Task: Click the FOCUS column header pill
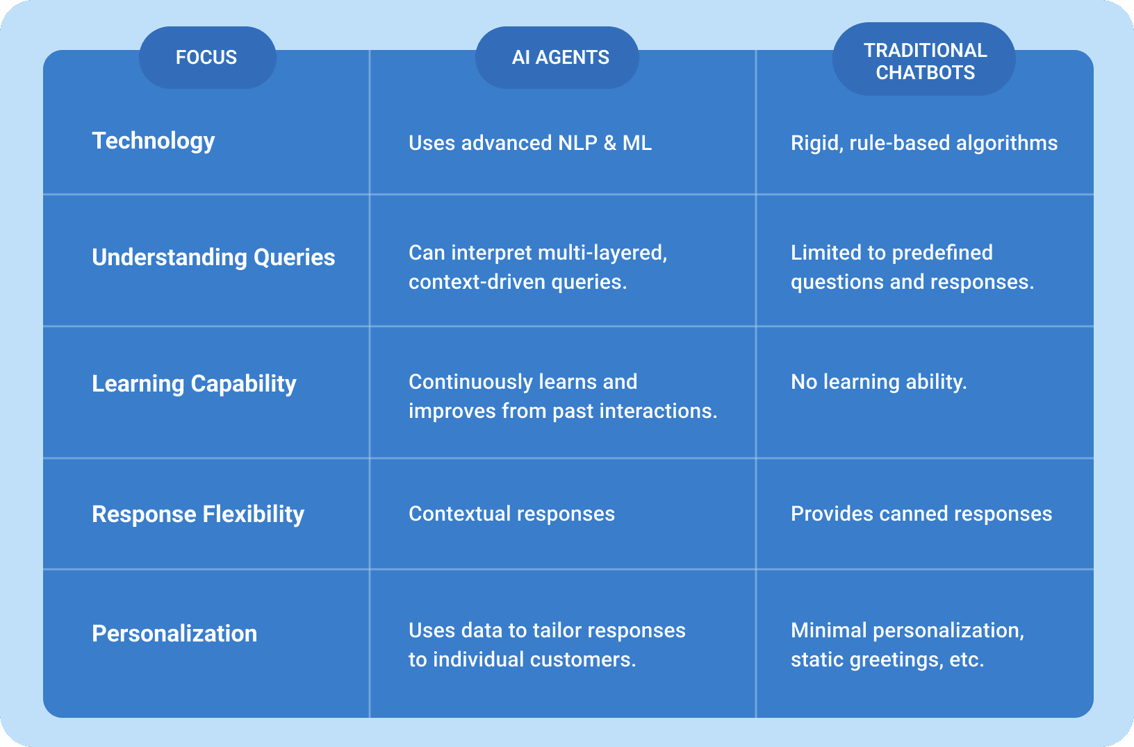click(208, 58)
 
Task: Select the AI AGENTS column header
click(557, 58)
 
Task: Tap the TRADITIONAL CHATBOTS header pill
click(924, 59)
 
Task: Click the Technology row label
click(154, 141)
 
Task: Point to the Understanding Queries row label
click(213, 258)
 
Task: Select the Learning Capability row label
click(194, 384)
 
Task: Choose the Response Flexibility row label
click(198, 514)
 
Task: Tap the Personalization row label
click(174, 634)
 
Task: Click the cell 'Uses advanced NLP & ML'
click(530, 143)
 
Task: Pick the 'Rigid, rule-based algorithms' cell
click(924, 143)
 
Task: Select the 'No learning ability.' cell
click(879, 382)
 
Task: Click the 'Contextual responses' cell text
click(512, 514)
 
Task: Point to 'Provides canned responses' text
click(921, 514)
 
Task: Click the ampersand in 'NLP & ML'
click(609, 143)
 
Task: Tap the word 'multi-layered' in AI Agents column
click(602, 253)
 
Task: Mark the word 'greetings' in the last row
click(896, 660)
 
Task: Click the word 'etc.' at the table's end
click(967, 660)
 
